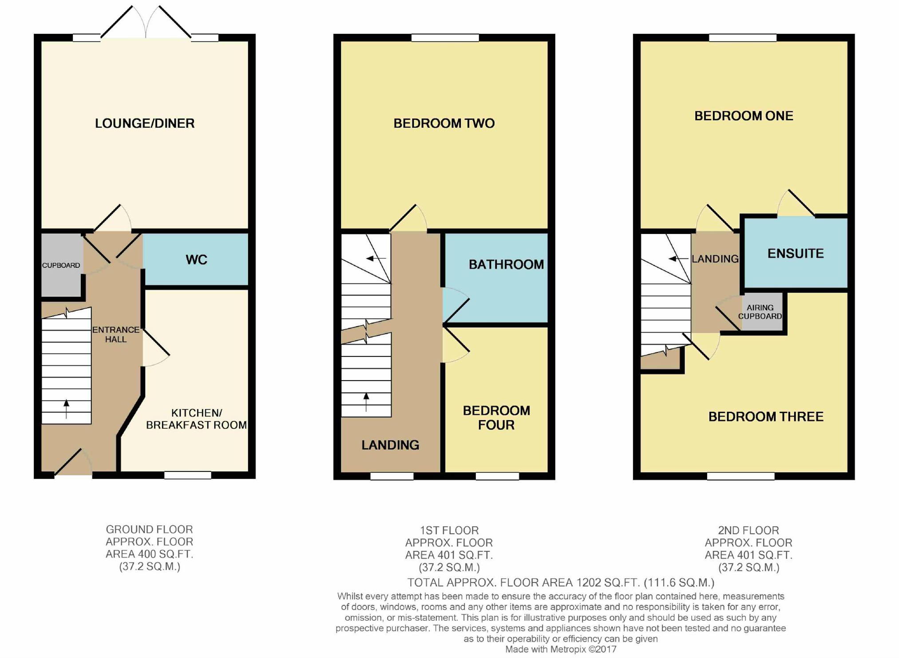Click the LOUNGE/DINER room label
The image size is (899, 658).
[x=145, y=123]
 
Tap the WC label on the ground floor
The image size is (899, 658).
[x=196, y=259]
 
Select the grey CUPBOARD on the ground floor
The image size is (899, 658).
[x=62, y=265]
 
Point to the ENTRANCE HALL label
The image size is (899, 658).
[x=116, y=334]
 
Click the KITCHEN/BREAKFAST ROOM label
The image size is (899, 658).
[x=196, y=419]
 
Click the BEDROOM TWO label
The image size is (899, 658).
[x=444, y=123]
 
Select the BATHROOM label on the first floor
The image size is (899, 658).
[x=506, y=265]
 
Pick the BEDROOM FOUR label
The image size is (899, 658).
[x=496, y=418]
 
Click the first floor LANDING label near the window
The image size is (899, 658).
[x=390, y=445]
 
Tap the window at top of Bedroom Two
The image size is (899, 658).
[x=445, y=38]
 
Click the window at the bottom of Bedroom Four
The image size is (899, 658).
[x=497, y=476]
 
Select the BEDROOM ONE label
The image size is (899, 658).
[x=744, y=116]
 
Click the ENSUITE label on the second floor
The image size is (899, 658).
[x=796, y=254]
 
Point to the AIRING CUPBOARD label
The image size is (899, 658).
[x=760, y=312]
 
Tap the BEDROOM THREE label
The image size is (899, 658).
[x=766, y=416]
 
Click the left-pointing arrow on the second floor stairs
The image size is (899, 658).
[x=678, y=258]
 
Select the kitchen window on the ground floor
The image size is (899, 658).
[x=188, y=475]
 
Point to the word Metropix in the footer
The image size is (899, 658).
[x=568, y=650]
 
